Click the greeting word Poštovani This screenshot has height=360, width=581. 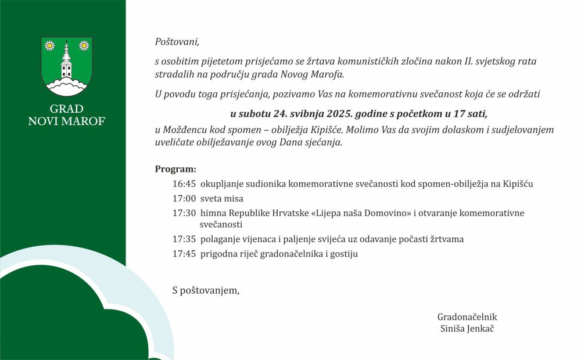click(x=177, y=42)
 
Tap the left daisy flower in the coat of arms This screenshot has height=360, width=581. click(x=49, y=45)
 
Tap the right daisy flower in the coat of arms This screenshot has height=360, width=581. click(x=84, y=45)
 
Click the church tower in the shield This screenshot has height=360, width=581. click(x=66, y=62)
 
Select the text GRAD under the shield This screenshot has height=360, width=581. click(x=66, y=109)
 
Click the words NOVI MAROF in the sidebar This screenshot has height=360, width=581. click(x=66, y=121)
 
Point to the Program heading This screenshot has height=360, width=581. click(x=175, y=170)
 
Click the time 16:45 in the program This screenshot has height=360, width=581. click(x=184, y=184)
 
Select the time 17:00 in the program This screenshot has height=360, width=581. click(x=184, y=199)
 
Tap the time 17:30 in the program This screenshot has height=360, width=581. click(x=184, y=213)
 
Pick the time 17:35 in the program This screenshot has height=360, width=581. click(x=184, y=239)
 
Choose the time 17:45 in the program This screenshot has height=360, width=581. click(x=184, y=254)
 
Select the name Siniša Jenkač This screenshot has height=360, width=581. click(x=467, y=329)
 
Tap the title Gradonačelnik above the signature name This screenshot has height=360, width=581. click(x=467, y=317)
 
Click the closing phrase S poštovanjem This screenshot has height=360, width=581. click(x=206, y=290)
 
